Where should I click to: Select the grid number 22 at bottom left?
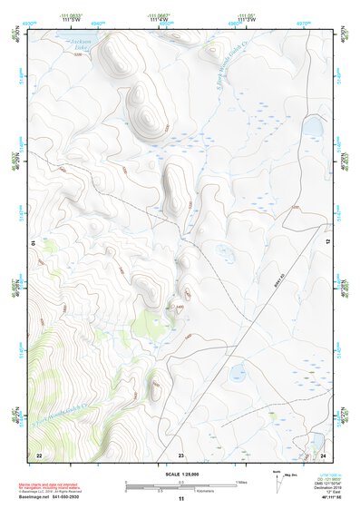38,454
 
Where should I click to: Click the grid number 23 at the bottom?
180,454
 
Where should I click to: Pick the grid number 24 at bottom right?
322,454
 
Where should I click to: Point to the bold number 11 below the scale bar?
180,498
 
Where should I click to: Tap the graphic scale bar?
180,485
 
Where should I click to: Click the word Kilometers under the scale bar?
209,489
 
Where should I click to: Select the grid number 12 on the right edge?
328,243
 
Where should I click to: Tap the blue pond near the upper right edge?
312,126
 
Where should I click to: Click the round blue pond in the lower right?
238,372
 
